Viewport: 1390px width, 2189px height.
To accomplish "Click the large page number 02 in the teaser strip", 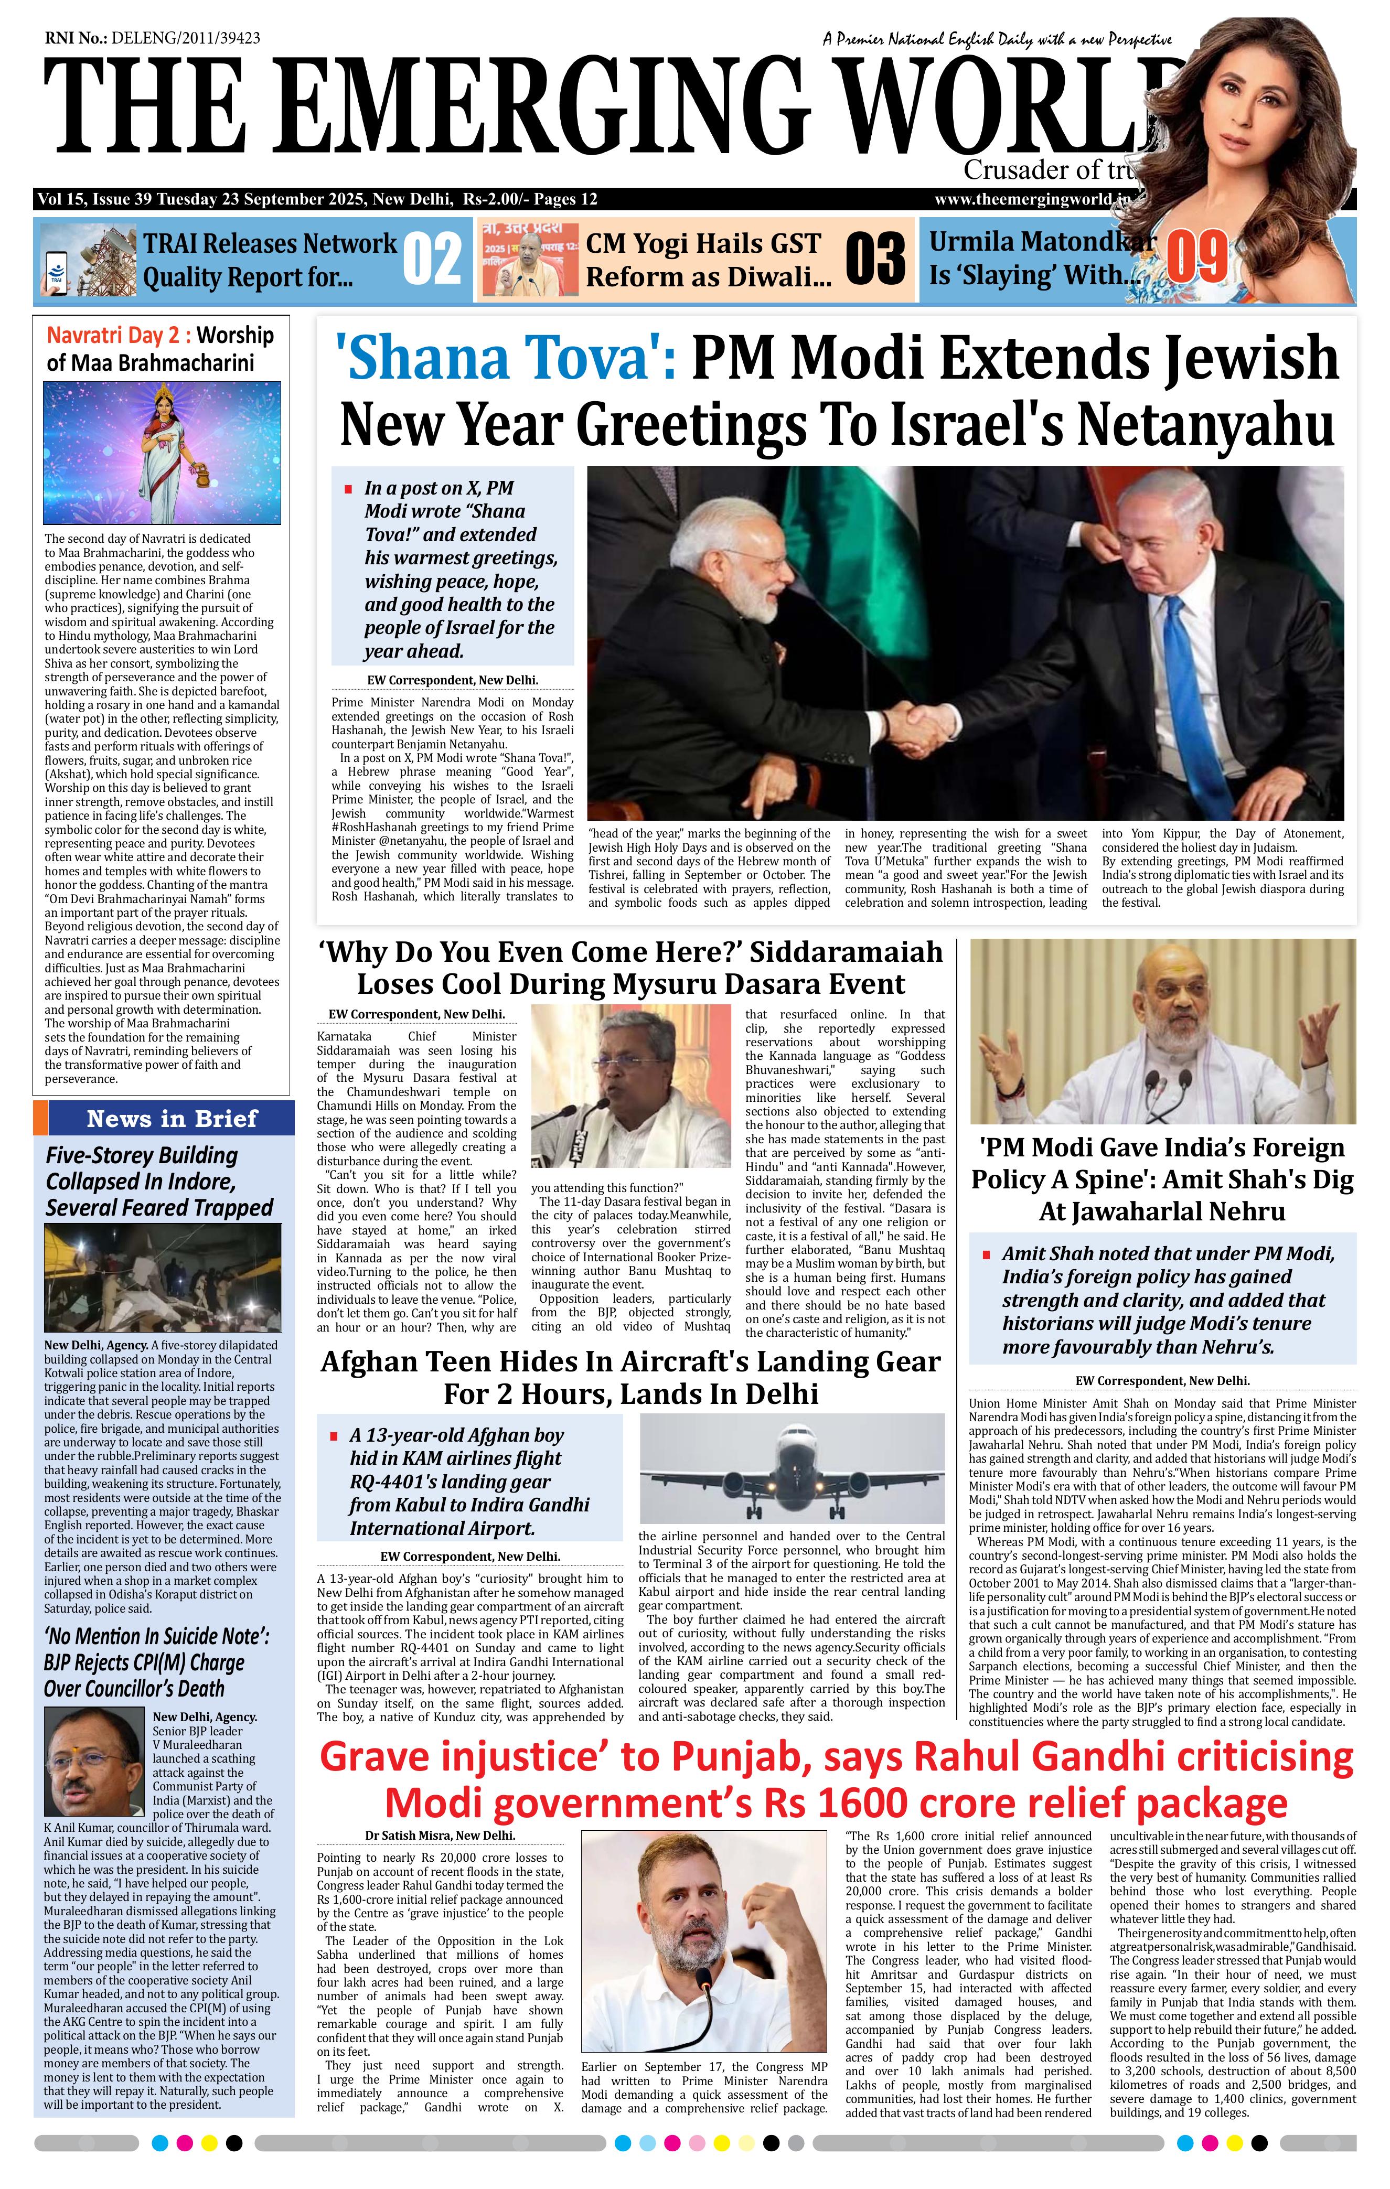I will [x=431, y=259].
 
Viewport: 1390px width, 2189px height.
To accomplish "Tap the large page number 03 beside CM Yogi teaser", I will [x=874, y=259].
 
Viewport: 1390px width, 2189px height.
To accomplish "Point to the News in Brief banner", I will [x=172, y=1118].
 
